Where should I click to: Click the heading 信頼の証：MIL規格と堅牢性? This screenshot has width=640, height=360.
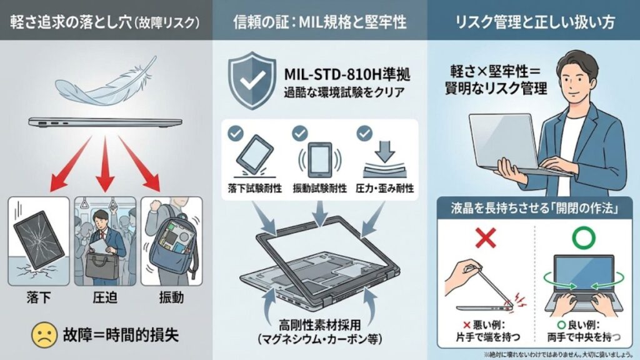(319, 22)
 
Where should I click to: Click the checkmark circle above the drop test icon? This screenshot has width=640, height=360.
(235, 132)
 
